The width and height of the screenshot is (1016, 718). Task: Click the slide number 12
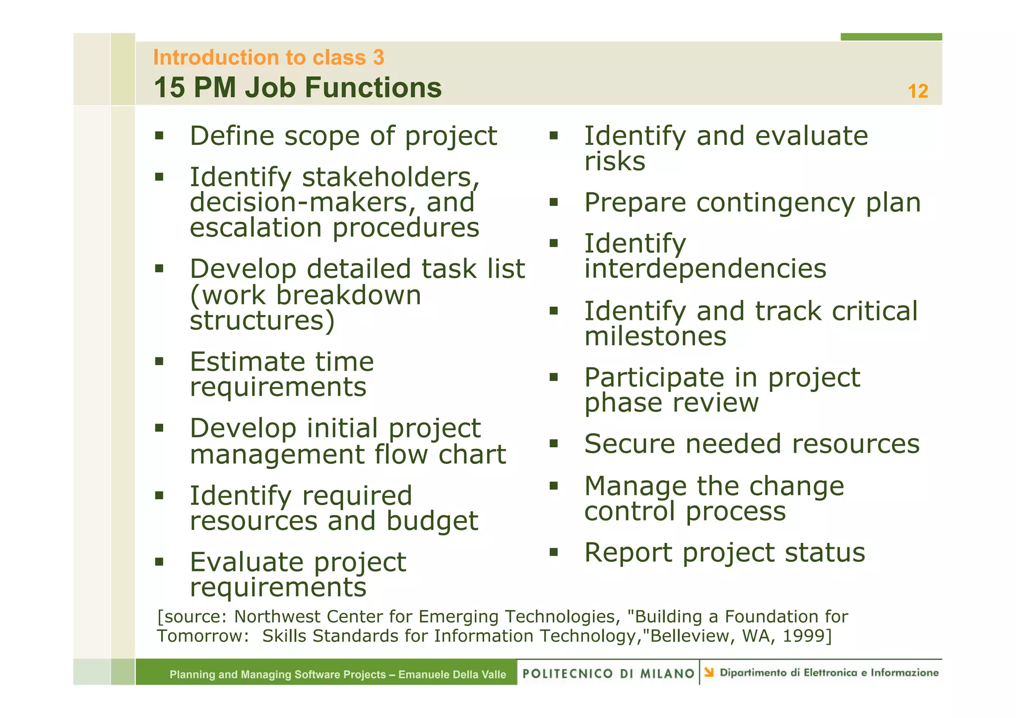pos(917,91)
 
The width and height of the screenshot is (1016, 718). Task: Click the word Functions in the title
pos(373,88)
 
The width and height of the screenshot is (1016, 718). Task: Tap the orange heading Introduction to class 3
pos(268,58)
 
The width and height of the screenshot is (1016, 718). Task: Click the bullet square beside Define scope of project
pos(159,135)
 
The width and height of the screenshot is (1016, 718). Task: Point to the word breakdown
pos(348,295)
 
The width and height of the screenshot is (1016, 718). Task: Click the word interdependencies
pos(705,269)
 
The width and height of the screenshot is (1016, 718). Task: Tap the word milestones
pos(655,336)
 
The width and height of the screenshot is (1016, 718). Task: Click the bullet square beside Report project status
pos(554,552)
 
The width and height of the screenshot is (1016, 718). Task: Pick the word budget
pos(432,522)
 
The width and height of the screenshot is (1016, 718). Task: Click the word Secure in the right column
pos(630,444)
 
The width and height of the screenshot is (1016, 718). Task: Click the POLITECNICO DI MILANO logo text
pos(608,673)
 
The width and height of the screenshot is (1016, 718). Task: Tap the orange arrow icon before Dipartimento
pos(709,672)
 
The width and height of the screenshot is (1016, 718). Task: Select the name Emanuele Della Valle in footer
pos(452,674)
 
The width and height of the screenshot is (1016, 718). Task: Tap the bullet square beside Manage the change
pos(554,485)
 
